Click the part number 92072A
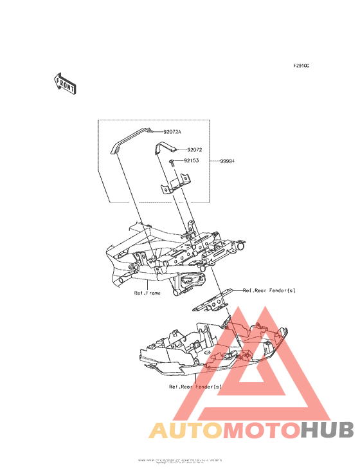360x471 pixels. [172, 131]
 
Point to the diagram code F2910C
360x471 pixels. [301, 66]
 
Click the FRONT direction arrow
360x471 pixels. [64, 84]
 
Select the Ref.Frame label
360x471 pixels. [147, 293]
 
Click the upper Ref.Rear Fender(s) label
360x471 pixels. [269, 290]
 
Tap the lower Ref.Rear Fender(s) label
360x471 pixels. [195, 387]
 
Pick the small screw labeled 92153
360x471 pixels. [173, 162]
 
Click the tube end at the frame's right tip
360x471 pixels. [242, 246]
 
